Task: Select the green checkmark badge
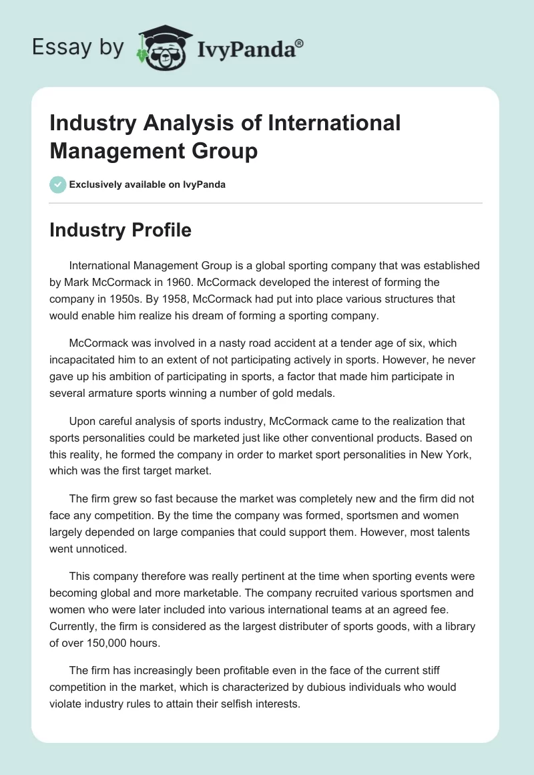[x=58, y=184]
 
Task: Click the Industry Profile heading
[x=120, y=230]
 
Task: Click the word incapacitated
[x=89, y=360]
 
